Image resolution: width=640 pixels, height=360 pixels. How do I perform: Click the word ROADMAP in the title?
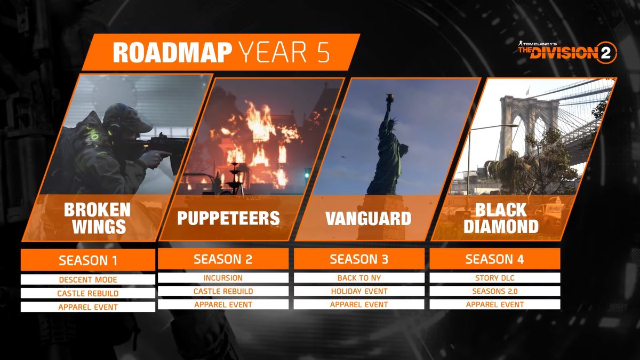tap(172, 53)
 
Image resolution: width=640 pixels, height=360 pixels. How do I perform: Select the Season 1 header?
tap(88, 260)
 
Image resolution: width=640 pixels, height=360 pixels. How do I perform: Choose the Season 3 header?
tap(359, 259)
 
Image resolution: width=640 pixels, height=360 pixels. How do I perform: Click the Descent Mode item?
tap(88, 279)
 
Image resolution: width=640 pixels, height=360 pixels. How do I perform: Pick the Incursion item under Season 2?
tap(223, 278)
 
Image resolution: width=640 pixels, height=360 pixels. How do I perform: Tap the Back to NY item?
tap(359, 278)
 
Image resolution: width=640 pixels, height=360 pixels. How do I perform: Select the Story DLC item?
tap(495, 278)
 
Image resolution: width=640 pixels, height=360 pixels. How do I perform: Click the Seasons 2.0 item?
tap(495, 291)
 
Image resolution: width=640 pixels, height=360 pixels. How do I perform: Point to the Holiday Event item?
tap(359, 291)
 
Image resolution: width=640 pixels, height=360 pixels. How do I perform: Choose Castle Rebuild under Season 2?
tap(223, 291)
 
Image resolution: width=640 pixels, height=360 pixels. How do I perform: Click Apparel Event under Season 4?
tap(495, 305)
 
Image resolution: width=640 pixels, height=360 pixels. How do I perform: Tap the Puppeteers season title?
tap(229, 218)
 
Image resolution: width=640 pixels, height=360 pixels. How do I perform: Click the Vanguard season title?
tap(369, 218)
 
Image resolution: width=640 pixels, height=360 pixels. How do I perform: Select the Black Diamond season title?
tap(501, 218)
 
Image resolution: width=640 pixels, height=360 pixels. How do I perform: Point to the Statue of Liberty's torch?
tap(389, 98)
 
